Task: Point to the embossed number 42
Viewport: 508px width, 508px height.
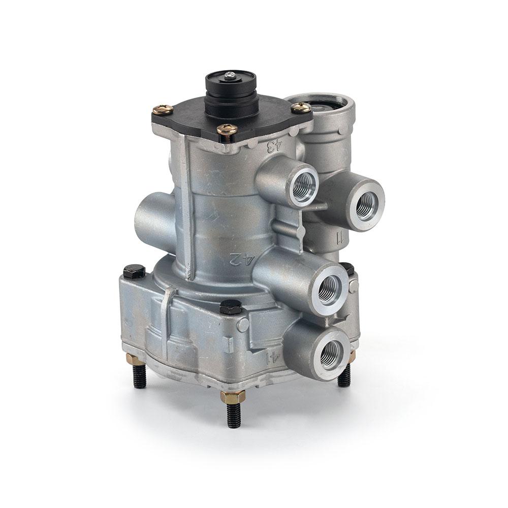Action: pos(237,260)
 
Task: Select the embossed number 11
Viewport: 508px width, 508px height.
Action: pos(339,239)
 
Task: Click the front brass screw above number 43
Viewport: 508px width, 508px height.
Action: pos(227,130)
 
